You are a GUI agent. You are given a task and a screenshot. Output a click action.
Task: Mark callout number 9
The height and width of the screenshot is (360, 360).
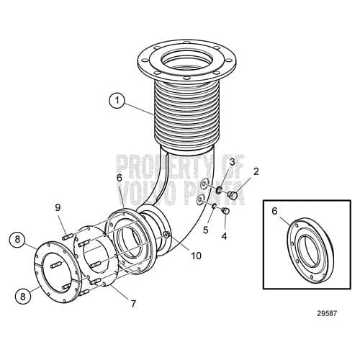[58, 208]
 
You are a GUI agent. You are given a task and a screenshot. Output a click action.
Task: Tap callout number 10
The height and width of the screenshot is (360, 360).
[194, 255]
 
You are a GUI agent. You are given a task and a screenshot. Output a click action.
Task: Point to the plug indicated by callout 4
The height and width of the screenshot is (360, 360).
[225, 210]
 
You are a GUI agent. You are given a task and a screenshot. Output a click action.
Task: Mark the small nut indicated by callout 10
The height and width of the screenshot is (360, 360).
[166, 235]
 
